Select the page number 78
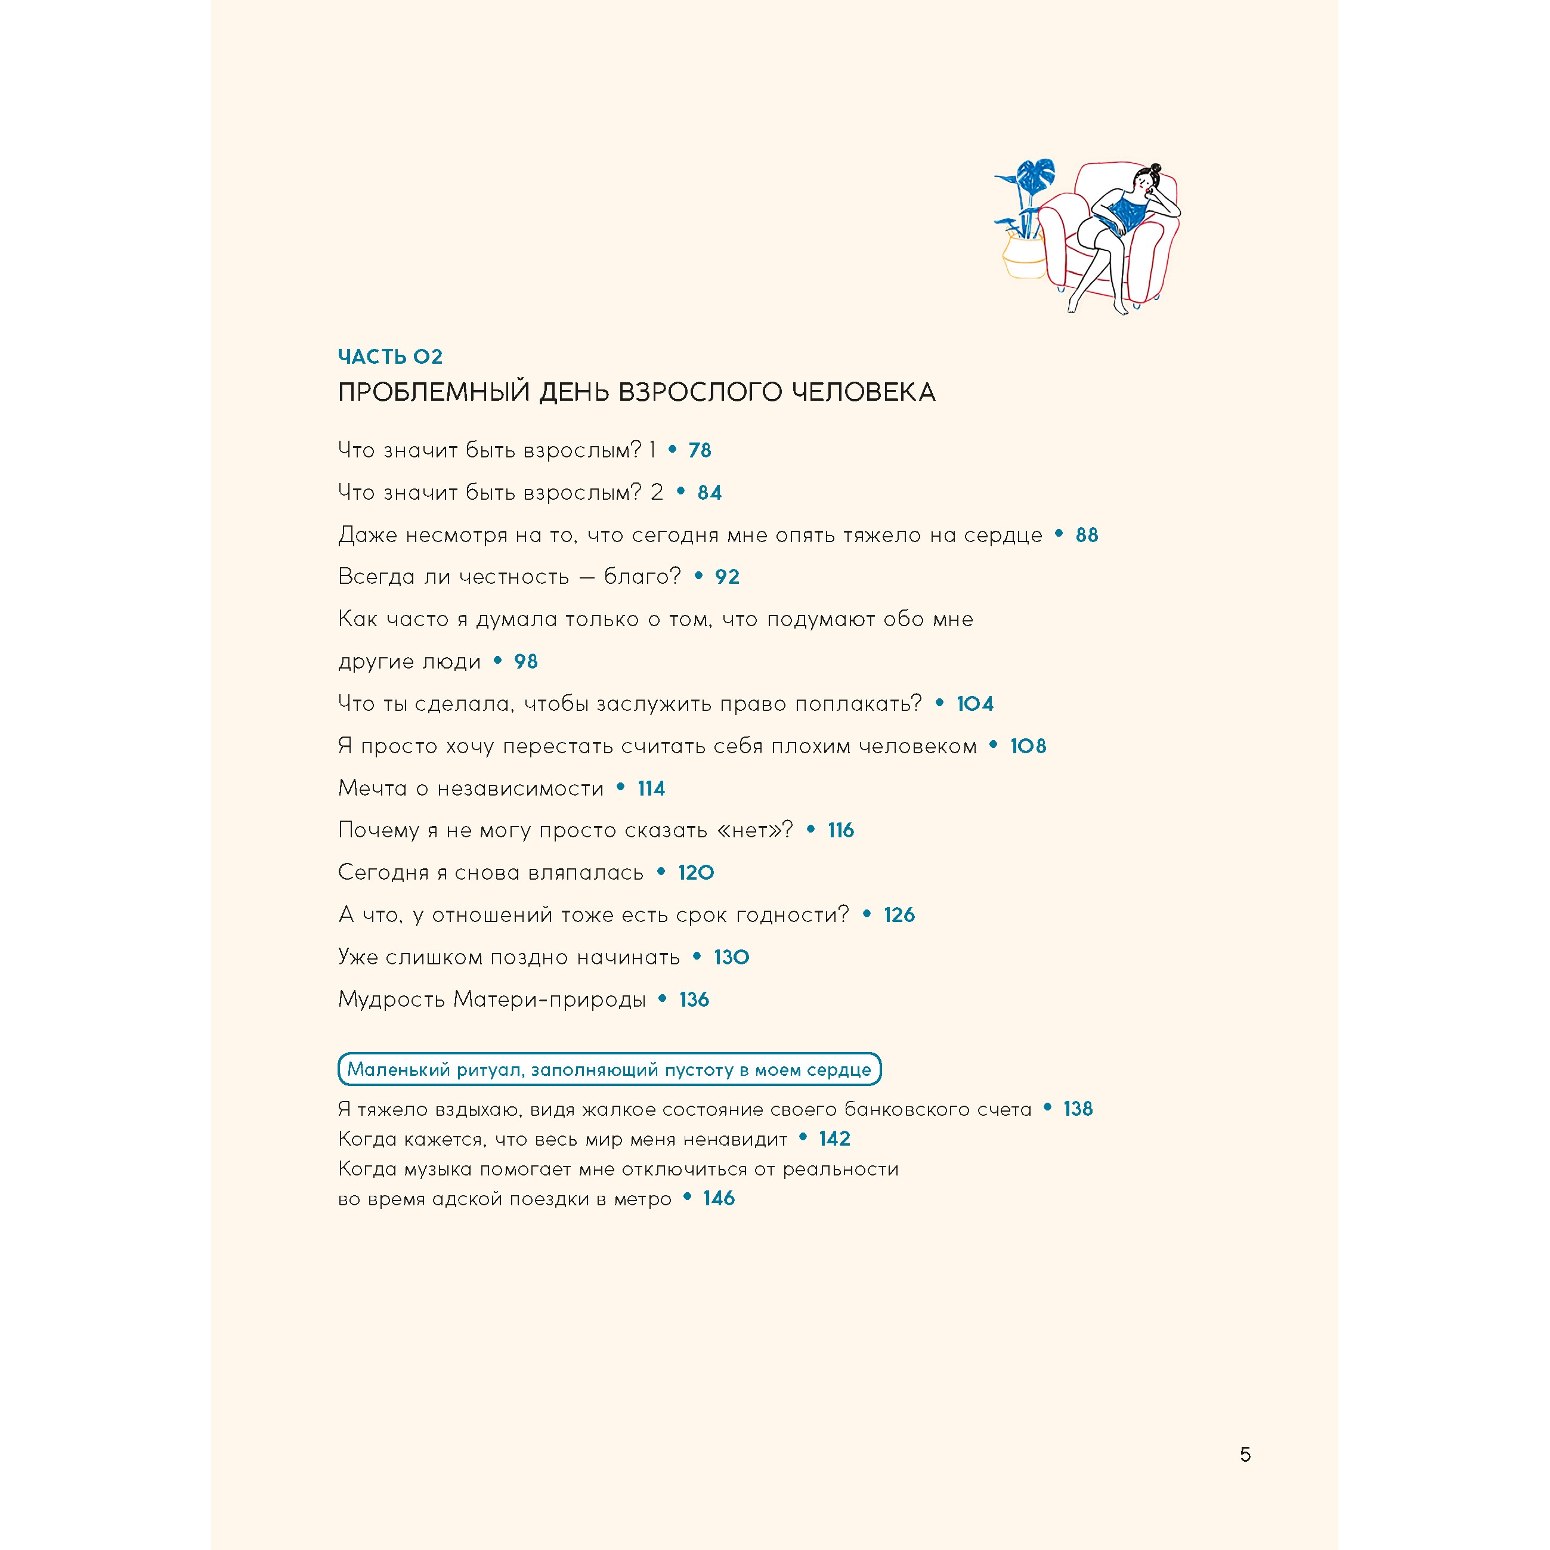click(x=700, y=451)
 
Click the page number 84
click(x=709, y=493)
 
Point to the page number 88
click(x=1086, y=535)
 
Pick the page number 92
click(x=727, y=577)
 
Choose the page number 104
click(x=974, y=704)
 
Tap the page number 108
click(x=1028, y=746)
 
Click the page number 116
click(x=841, y=830)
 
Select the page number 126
click(x=899, y=915)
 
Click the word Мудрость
click(x=391, y=1000)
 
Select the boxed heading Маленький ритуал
click(x=609, y=1069)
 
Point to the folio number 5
click(x=1245, y=1455)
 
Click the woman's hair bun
click(x=1155, y=169)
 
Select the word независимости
click(x=520, y=788)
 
